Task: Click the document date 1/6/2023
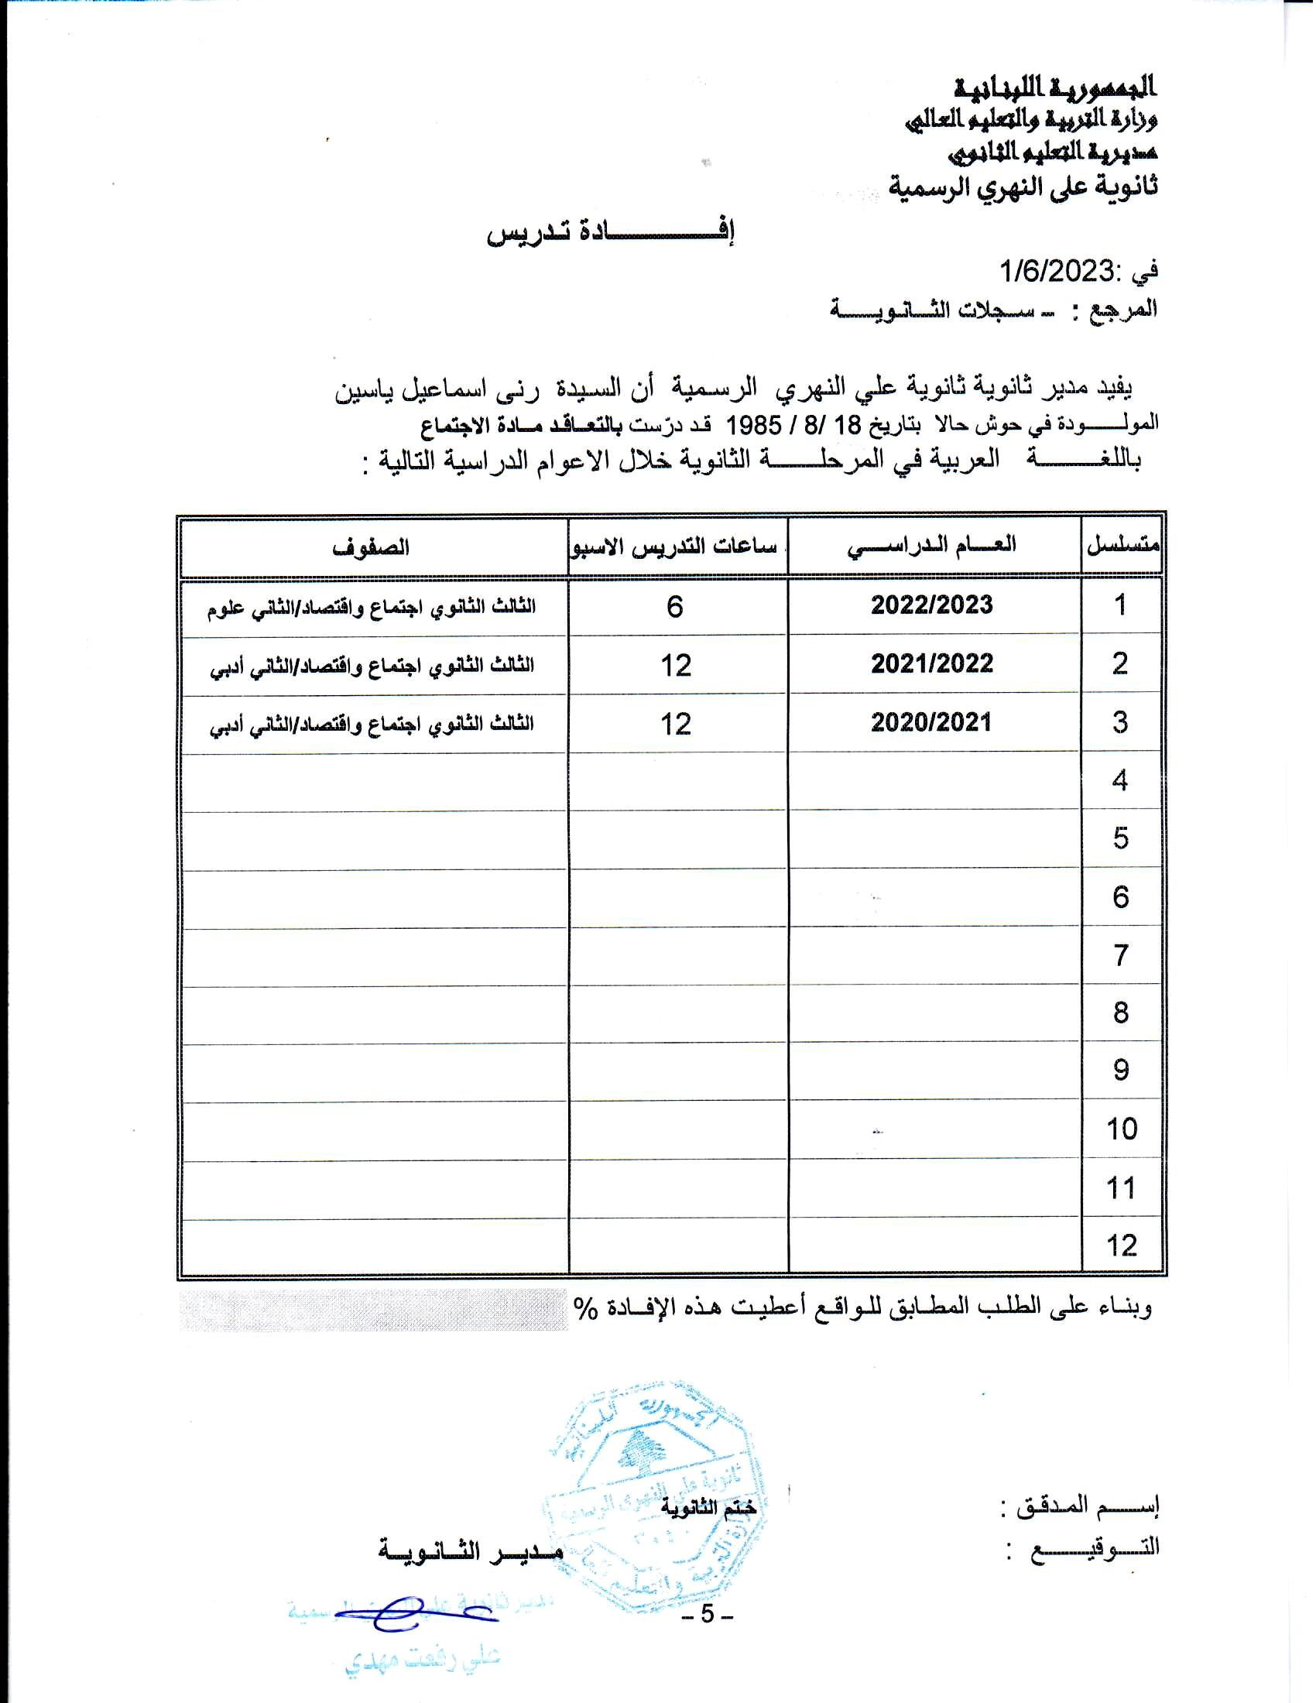(x=1057, y=272)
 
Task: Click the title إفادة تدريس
(x=612, y=232)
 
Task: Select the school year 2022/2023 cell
(x=931, y=605)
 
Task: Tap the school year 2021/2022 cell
(x=931, y=664)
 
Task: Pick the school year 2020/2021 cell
(x=930, y=723)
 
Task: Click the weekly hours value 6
(x=675, y=606)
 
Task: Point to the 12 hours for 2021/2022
(x=676, y=665)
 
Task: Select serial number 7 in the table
(x=1121, y=955)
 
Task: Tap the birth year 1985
(x=754, y=425)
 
